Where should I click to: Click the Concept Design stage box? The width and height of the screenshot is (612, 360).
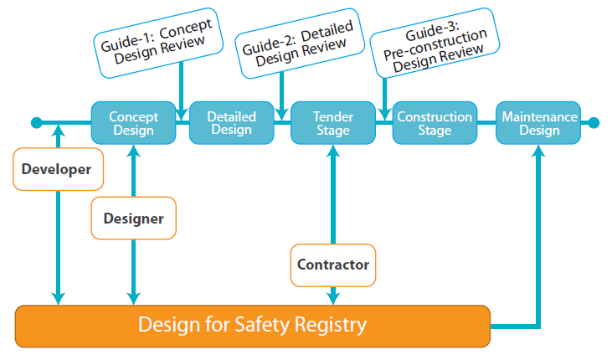133,123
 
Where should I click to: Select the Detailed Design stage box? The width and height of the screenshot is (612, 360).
231,123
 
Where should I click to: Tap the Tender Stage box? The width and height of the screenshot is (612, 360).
333,123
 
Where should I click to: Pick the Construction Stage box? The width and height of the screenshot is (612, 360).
435,123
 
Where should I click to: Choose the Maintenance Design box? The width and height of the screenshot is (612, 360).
538,123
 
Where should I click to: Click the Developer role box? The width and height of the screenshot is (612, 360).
58,169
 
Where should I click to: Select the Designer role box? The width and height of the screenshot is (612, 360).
133,219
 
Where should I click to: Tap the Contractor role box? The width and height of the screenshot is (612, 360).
333,265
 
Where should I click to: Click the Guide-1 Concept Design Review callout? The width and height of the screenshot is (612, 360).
158,43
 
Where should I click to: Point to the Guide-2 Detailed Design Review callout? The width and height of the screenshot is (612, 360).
300,44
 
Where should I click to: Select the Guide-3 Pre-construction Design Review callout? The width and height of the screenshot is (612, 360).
435,43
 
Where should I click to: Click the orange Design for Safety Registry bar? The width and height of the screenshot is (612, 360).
253,326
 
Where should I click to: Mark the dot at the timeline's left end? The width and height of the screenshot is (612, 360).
36,122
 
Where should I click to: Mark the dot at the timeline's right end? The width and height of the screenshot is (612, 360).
594,122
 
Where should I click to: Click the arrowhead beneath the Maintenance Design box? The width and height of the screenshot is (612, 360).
538,151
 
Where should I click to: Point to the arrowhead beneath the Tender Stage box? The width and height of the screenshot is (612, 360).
333,151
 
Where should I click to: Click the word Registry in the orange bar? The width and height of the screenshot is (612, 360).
331,325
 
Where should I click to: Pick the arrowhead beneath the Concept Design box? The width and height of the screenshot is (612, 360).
133,151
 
